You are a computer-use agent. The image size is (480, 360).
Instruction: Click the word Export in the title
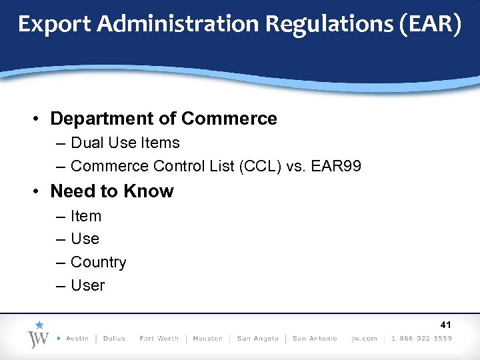[x=54, y=25]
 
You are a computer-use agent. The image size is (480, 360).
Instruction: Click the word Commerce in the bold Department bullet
[x=229, y=119]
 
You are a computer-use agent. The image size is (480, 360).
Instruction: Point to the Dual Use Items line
[x=125, y=143]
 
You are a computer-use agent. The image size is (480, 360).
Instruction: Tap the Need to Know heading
[x=111, y=191]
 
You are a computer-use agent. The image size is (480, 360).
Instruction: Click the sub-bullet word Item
[x=86, y=216]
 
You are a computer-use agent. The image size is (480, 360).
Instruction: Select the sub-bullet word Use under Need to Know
[x=85, y=239]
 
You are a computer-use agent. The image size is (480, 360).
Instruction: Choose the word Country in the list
[x=98, y=262]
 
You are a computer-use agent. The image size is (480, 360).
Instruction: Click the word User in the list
[x=87, y=285]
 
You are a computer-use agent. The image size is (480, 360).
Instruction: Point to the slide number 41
[x=445, y=325]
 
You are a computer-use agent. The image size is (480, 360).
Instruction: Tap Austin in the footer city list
[x=77, y=339]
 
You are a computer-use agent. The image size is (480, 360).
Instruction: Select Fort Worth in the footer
[x=159, y=339]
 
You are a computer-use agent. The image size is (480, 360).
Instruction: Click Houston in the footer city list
[x=207, y=339]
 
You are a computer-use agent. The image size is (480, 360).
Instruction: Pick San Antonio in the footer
[x=315, y=339]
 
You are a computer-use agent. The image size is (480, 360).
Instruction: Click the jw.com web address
[x=365, y=339]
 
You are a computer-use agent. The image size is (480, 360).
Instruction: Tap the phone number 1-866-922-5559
[x=421, y=339]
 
